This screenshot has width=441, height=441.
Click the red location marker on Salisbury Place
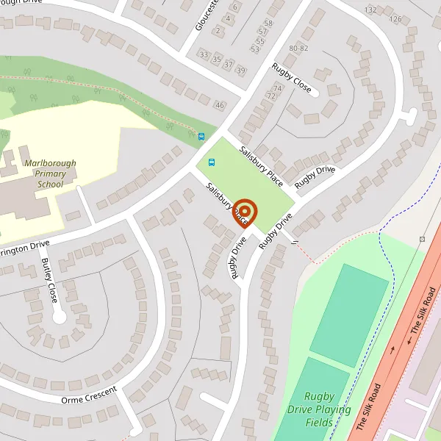click(245, 213)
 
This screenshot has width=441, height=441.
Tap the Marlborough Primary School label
click(45, 174)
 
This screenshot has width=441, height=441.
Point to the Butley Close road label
click(49, 281)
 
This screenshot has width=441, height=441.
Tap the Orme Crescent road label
click(90, 394)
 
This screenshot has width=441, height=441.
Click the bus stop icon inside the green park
click(212, 162)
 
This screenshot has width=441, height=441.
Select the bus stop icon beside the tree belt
click(201, 136)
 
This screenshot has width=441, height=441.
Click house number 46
click(219, 106)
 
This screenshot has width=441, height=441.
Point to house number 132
click(370, 10)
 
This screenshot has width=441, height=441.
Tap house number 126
click(395, 18)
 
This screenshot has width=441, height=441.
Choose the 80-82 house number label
click(298, 48)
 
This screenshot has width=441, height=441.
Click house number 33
click(204, 56)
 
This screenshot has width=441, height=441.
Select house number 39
click(240, 70)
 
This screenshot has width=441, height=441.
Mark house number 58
click(268, 23)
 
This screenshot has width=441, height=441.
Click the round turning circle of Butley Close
click(60, 318)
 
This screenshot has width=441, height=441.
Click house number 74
click(278, 87)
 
